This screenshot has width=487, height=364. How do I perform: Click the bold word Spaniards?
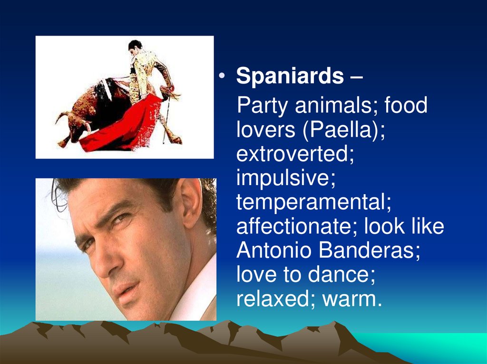[290, 76]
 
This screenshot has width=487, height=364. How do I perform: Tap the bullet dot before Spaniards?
[222, 77]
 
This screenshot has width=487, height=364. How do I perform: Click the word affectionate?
[296, 227]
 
